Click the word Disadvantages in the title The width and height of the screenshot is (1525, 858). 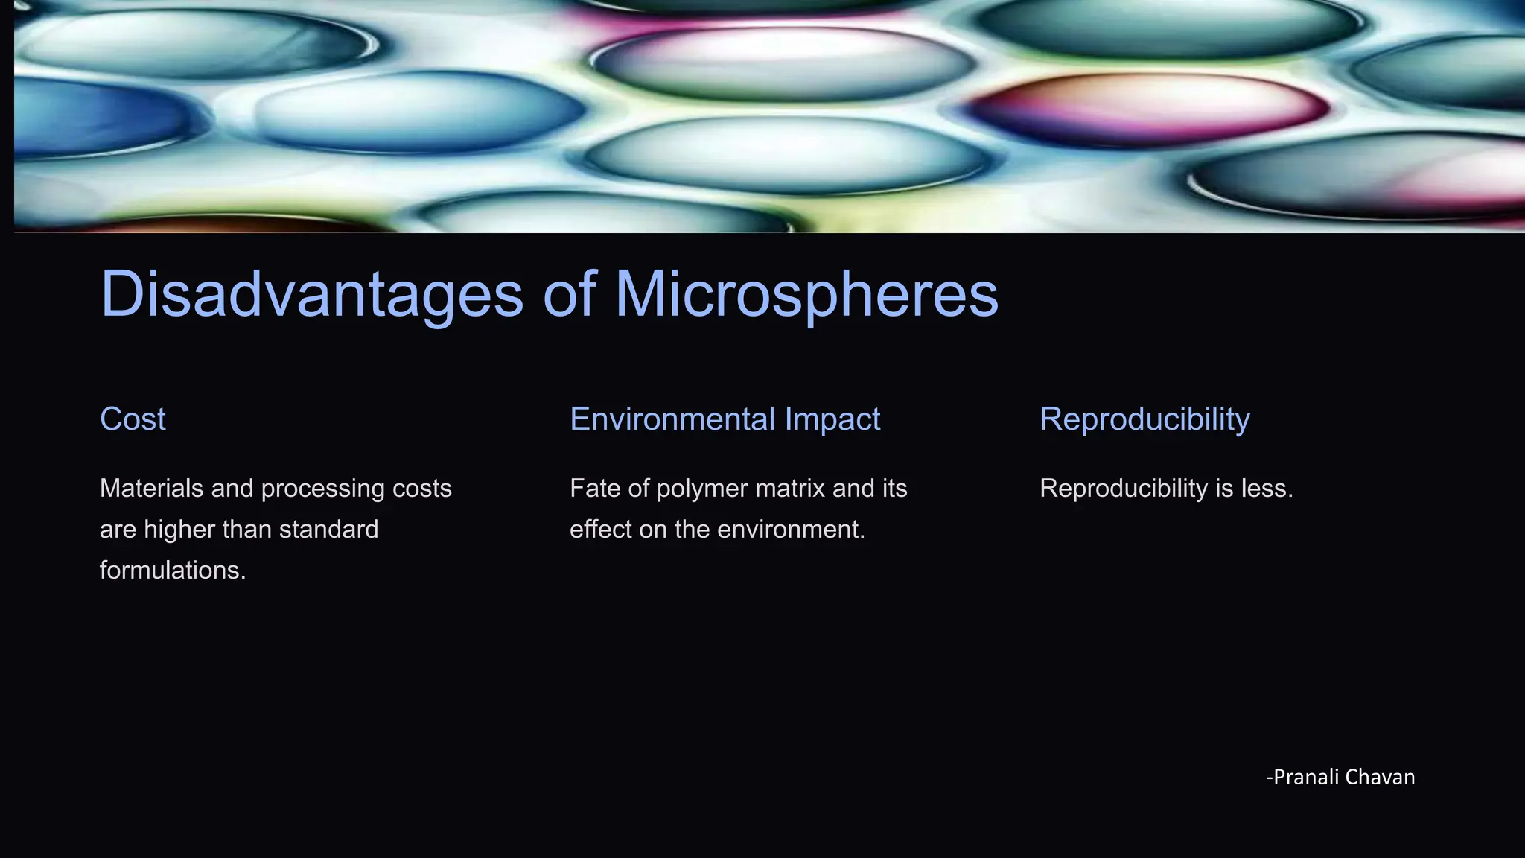[x=312, y=295]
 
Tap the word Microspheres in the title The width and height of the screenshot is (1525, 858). [x=806, y=295]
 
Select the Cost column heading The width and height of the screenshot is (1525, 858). [x=133, y=419]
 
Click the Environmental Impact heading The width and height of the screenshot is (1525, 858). [x=725, y=419]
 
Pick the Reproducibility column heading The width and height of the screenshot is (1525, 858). [x=1144, y=419]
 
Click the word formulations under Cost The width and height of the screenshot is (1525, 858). [x=172, y=571]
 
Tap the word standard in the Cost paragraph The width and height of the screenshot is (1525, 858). [x=328, y=530]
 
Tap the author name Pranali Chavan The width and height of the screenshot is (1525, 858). [x=1343, y=777]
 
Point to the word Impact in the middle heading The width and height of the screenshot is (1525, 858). [x=832, y=419]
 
